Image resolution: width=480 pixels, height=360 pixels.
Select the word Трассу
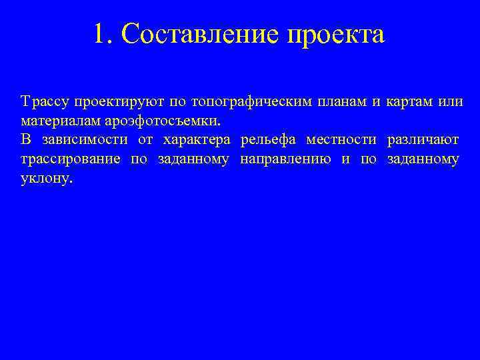44,102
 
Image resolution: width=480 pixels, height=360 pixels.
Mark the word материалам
59,121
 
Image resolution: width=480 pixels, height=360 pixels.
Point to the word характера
197,141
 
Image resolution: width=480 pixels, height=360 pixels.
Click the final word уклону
45,179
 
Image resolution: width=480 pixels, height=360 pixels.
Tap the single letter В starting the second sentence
25,141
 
